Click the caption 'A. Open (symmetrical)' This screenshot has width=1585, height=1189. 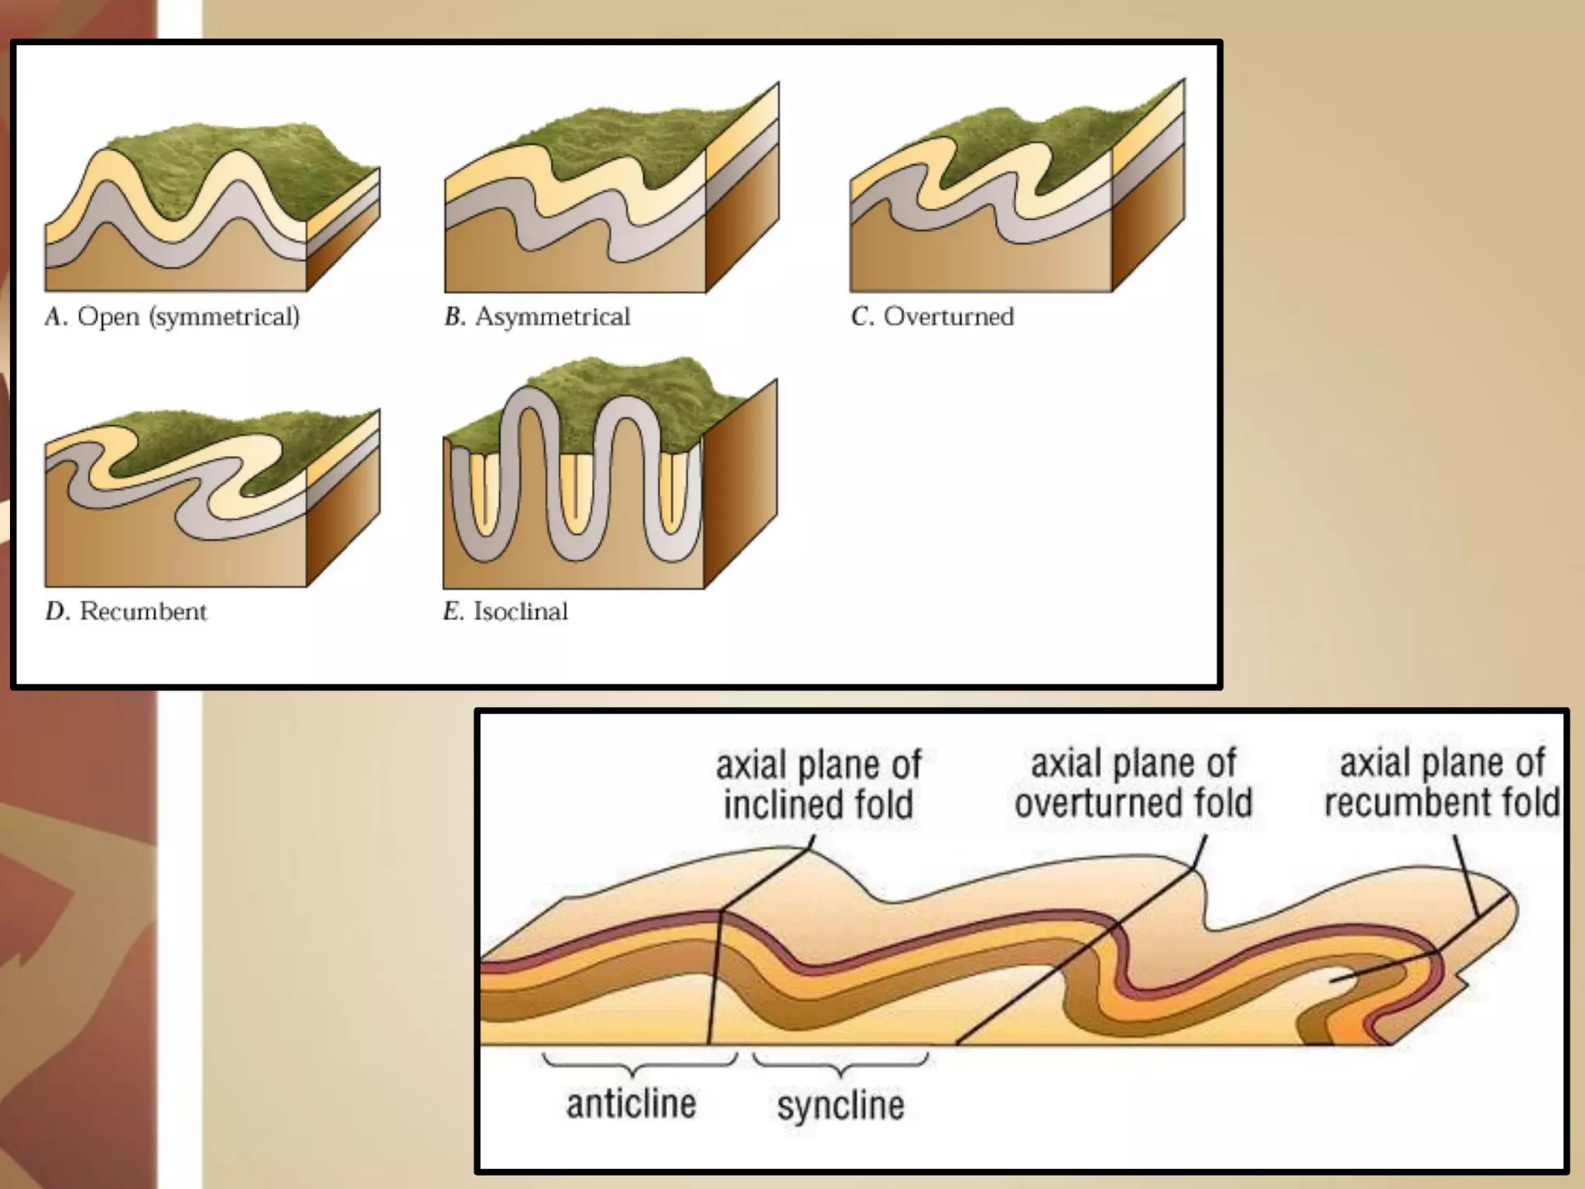tap(172, 317)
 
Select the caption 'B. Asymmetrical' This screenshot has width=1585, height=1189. tap(537, 317)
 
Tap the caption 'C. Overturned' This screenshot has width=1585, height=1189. tap(932, 317)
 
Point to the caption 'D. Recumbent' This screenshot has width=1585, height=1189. tap(126, 612)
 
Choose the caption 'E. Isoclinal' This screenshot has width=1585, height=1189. tap(505, 612)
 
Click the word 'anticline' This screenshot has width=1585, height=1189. tap(631, 1104)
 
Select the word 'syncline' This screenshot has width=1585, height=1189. tap(840, 1105)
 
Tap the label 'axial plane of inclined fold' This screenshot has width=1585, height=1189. tap(818, 784)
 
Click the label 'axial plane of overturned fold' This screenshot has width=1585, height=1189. tap(1133, 783)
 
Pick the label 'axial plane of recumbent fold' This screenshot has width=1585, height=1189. tap(1442, 783)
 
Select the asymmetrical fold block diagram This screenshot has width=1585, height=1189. tap(611, 201)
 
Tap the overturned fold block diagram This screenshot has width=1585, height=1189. tap(1017, 201)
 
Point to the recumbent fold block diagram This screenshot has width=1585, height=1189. tap(212, 499)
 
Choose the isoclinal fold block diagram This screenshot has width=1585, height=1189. tap(610, 480)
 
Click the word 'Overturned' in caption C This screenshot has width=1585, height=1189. tap(949, 317)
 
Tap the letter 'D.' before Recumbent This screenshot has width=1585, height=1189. tap(57, 612)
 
